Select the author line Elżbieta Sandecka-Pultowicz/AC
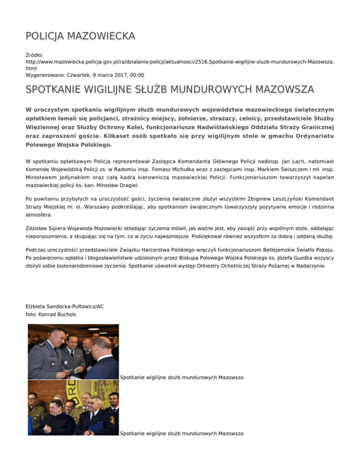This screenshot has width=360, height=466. (65, 306)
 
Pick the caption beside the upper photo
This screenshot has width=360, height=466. (181, 377)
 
